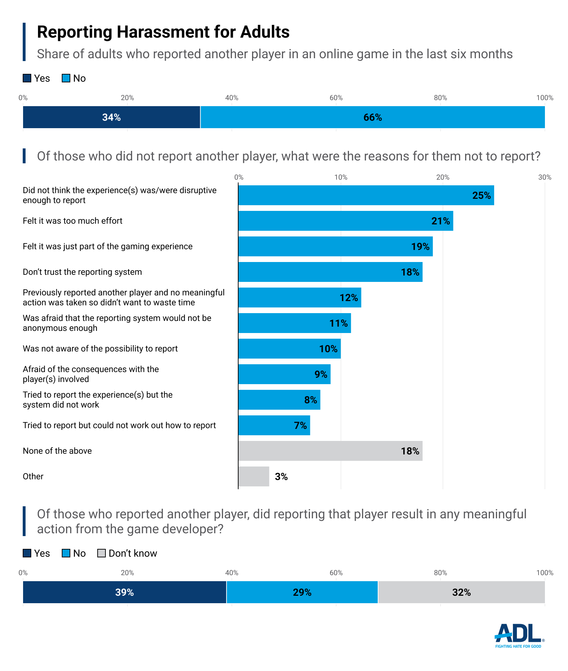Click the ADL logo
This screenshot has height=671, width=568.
pos(519,635)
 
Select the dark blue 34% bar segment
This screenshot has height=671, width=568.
pos(111,117)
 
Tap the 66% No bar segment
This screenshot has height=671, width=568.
pos(372,117)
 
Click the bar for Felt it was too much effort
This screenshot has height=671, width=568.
pos(345,221)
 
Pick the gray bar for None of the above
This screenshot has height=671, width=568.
pos(330,451)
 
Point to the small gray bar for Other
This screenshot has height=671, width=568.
pos(253,476)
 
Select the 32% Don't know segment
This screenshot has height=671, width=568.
pos(461,592)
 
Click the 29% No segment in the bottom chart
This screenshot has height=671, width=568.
pos(302,592)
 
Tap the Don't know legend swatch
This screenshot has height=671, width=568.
pos(102,553)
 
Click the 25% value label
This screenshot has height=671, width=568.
pos(481,195)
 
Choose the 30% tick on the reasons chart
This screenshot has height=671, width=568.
pos(545,177)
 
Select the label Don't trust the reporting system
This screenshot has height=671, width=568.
pos(82,272)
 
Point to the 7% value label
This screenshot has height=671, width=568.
pos(300,425)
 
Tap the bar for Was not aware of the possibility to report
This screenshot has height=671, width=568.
pos(289,349)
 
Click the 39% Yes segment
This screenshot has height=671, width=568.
pos(124,592)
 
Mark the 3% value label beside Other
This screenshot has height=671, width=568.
pos(281,476)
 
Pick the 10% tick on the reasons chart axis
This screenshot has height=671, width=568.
pos(341,177)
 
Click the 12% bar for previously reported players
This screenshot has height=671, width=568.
pos(300,298)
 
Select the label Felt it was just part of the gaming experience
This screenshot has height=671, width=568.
pos(108,246)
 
